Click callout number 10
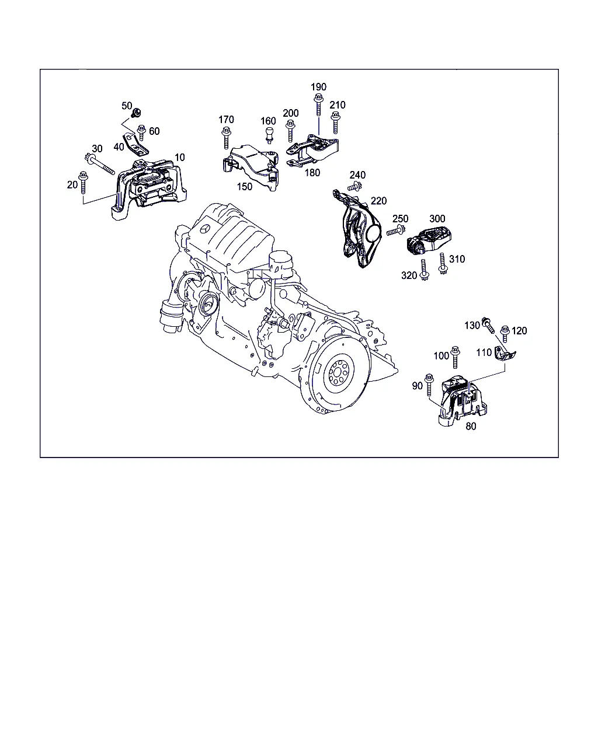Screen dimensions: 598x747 (x=179, y=157)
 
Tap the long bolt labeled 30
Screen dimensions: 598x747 (x=99, y=165)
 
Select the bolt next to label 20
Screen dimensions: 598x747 (x=83, y=182)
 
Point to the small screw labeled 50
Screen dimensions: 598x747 (x=137, y=113)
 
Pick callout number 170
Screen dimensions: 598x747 (x=226, y=120)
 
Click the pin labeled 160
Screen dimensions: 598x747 (x=269, y=135)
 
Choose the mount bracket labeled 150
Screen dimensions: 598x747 (x=251, y=167)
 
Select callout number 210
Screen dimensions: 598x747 (x=338, y=105)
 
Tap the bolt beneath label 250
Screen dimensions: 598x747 (x=396, y=230)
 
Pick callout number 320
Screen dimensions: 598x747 (x=409, y=275)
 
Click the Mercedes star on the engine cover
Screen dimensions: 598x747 (x=204, y=229)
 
